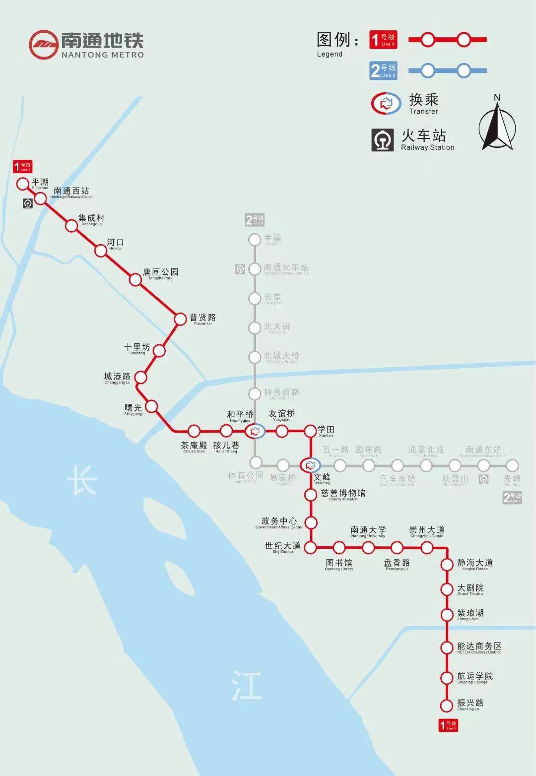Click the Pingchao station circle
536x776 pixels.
(22, 184)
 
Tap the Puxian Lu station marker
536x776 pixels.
(180, 319)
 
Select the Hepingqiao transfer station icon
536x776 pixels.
(255, 431)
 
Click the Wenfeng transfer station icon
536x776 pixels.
(311, 465)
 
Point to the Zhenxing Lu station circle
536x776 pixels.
(447, 705)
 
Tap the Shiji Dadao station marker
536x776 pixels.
(310, 548)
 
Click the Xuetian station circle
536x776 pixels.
(310, 431)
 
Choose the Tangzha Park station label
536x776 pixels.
(160, 273)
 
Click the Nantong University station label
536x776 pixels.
(368, 531)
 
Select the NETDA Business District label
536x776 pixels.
(479, 647)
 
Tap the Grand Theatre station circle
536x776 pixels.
(447, 589)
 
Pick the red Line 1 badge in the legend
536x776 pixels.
(383, 40)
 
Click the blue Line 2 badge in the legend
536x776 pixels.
(383, 71)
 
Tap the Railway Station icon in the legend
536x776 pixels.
(383, 140)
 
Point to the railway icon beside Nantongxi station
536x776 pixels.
(28, 203)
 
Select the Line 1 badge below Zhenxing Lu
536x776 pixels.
(448, 725)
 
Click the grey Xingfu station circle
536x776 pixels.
(255, 240)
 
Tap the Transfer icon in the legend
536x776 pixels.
(386, 103)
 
